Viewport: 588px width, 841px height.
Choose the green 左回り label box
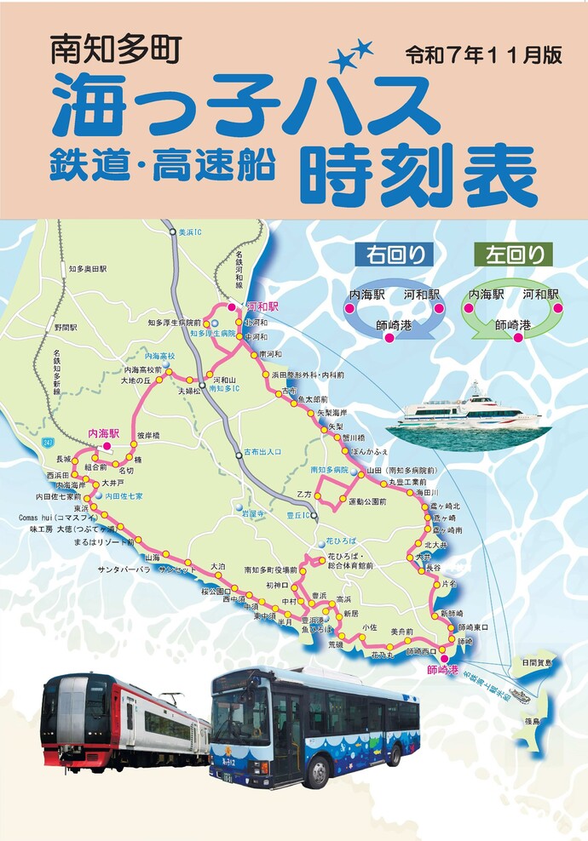513,254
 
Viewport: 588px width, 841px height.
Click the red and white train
124,722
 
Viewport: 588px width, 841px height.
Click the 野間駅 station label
66,327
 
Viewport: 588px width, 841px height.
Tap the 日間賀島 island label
537,661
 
